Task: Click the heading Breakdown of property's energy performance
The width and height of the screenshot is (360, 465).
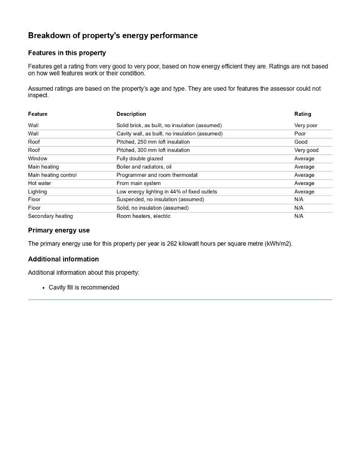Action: click(113, 35)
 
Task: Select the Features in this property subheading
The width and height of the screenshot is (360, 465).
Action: click(67, 53)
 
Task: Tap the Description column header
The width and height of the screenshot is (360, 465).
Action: click(131, 114)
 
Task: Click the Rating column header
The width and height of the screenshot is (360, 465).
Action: click(303, 114)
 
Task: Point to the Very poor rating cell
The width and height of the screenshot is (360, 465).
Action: click(306, 125)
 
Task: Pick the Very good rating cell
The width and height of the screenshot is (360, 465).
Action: click(306, 150)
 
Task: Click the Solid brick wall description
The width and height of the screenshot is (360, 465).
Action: click(169, 125)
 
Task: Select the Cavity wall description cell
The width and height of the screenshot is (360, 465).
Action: click(169, 134)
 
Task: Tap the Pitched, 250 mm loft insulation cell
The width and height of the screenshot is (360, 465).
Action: click(153, 142)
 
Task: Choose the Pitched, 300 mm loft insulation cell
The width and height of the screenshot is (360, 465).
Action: click(153, 150)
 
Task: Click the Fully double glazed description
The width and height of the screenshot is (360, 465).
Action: click(139, 159)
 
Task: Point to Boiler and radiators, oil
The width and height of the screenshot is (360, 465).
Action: click(144, 167)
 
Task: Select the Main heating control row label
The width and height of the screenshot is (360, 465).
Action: click(52, 175)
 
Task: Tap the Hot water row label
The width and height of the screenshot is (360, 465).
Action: click(39, 183)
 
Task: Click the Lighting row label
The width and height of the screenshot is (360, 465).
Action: click(37, 192)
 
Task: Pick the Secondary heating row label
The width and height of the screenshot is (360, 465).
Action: click(50, 216)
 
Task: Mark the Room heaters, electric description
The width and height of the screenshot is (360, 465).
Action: click(143, 216)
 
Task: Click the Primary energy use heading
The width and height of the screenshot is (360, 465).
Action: click(59, 230)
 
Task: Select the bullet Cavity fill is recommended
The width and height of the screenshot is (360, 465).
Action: click(84, 287)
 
